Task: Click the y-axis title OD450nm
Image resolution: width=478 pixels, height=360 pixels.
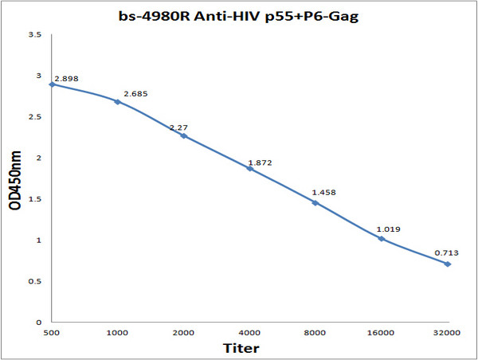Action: pyautogui.click(x=15, y=178)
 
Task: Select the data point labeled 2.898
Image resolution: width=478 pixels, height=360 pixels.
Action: pyautogui.click(x=52, y=84)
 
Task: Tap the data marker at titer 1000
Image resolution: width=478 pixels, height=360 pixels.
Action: pyautogui.click(x=118, y=102)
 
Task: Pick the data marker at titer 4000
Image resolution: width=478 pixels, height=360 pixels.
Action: pyautogui.click(x=249, y=168)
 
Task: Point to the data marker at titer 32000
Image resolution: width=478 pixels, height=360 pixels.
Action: pyautogui.click(x=448, y=264)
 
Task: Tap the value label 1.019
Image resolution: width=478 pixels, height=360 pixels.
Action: pyautogui.click(x=388, y=229)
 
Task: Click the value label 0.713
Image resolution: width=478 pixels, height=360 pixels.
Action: pyautogui.click(x=446, y=253)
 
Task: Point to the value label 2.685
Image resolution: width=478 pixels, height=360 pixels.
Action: pyautogui.click(x=135, y=94)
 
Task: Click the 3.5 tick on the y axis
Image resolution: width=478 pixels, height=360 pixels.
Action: pyautogui.click(x=34, y=35)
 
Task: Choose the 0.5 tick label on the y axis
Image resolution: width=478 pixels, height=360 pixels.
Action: pyautogui.click(x=34, y=281)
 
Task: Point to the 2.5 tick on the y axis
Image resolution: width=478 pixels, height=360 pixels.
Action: pyautogui.click(x=34, y=117)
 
